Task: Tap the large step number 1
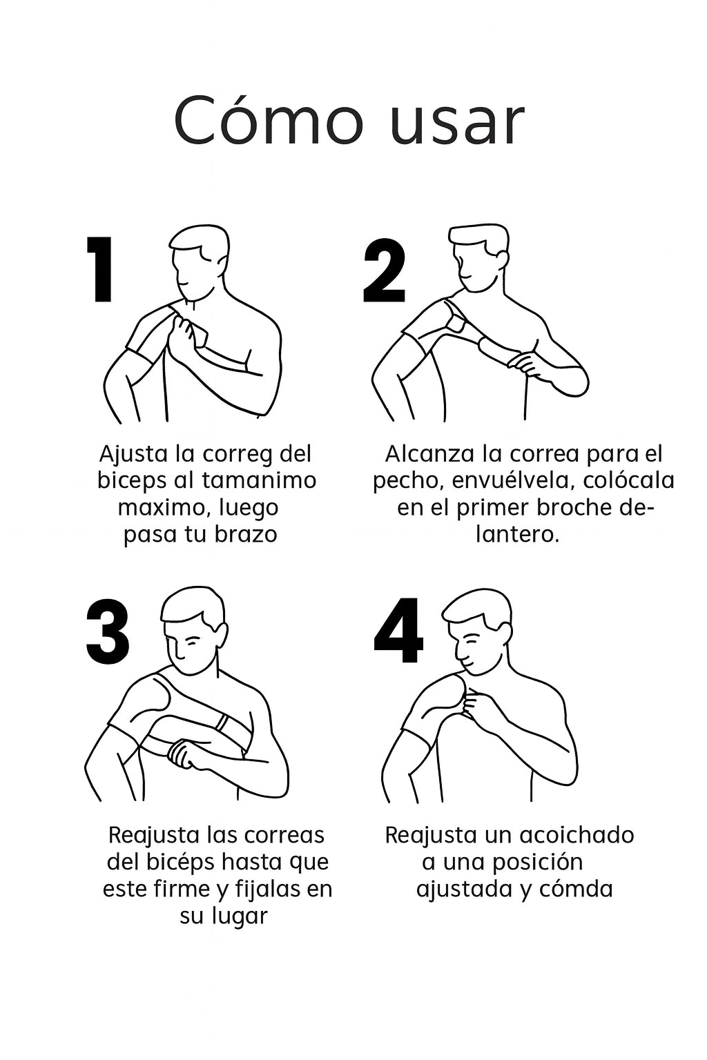click(x=100, y=269)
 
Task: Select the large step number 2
click(x=384, y=271)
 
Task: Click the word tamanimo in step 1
click(x=259, y=480)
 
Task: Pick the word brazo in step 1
click(x=246, y=534)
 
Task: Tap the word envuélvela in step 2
click(x=513, y=480)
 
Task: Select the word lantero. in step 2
click(x=518, y=535)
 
